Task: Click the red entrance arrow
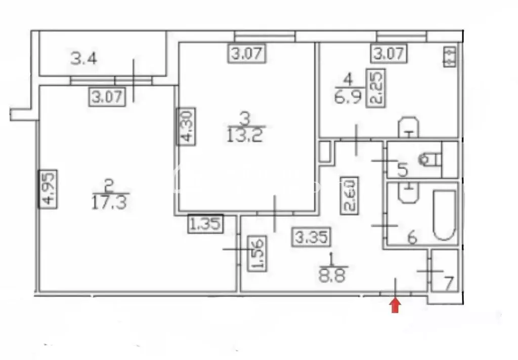[x=396, y=305]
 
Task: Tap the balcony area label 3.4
[x=84, y=59]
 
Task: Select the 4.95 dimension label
[x=48, y=189]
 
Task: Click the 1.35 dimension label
[x=205, y=224]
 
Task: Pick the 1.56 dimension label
[x=256, y=254]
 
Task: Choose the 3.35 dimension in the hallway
[x=312, y=237]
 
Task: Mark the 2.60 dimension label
[x=350, y=195]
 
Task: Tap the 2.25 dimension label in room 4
[x=376, y=88]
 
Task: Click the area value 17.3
[x=109, y=203]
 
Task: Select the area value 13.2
[x=245, y=135]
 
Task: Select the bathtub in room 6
[x=445, y=215]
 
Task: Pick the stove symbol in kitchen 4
[x=450, y=57]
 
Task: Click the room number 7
[x=448, y=284]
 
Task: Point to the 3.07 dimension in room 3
[x=247, y=53]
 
